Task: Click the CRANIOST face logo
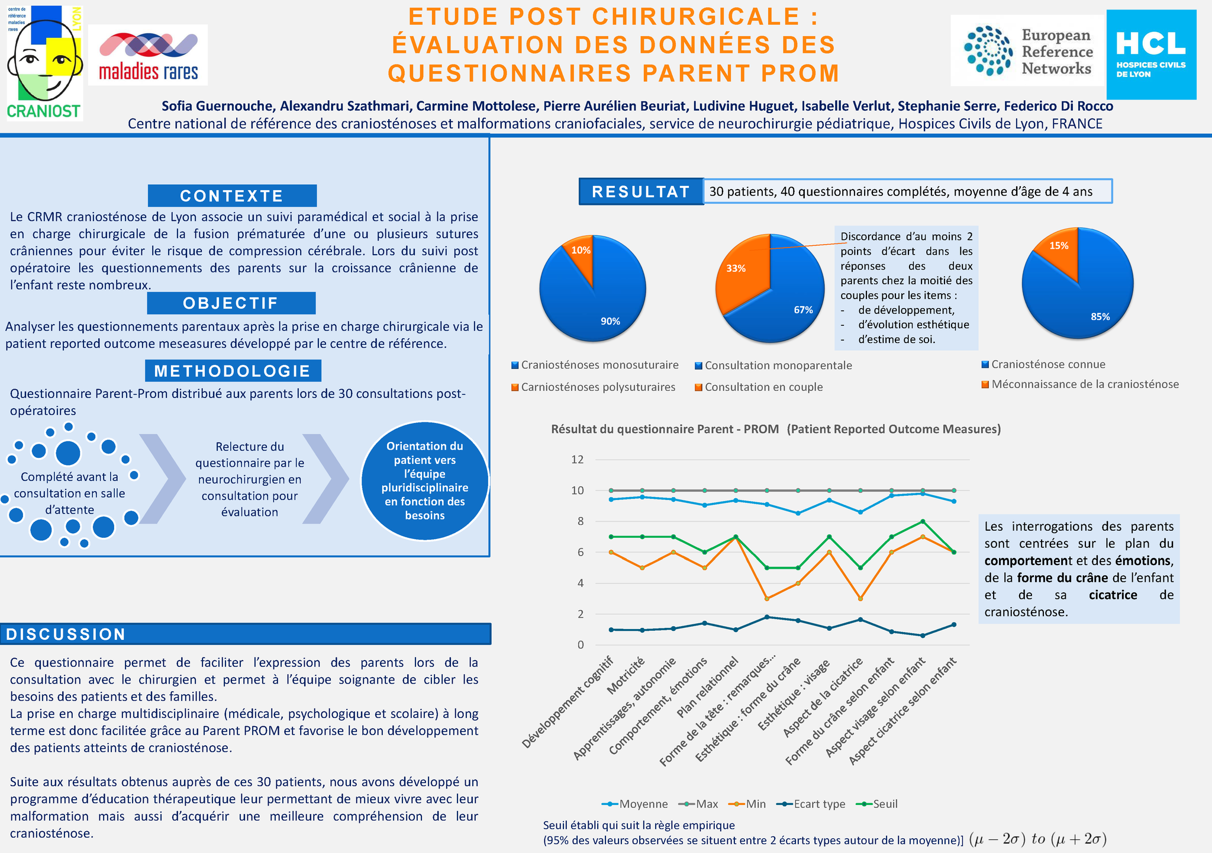[x=44, y=62]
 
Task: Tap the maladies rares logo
[x=148, y=55]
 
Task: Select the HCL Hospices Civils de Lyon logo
[x=1150, y=54]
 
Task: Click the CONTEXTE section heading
[x=232, y=196]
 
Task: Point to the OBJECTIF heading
[x=231, y=303]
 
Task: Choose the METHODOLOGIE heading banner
[x=233, y=371]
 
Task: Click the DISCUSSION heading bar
[x=245, y=634]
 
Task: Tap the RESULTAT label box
[x=641, y=192]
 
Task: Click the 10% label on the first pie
[x=581, y=251]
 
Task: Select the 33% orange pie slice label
[x=736, y=268]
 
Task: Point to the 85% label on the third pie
[x=1100, y=317]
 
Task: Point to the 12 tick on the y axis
[x=577, y=460]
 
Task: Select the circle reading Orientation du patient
[x=425, y=480]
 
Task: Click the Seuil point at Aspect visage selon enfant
[x=922, y=521]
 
